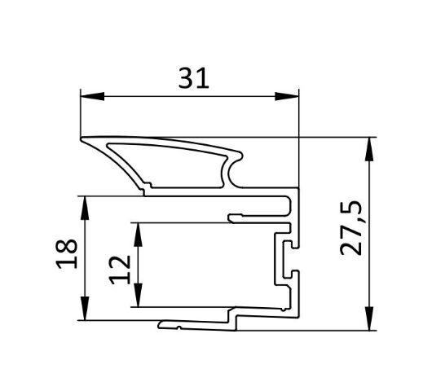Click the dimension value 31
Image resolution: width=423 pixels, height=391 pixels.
(x=193, y=78)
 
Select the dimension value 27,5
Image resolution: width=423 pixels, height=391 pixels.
(x=350, y=228)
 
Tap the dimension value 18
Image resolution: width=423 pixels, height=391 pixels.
(x=67, y=254)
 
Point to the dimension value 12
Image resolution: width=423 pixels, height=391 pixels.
(x=120, y=270)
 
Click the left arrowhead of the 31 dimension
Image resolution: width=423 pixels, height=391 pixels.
(x=92, y=96)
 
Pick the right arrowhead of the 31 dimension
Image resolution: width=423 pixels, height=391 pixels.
(x=287, y=96)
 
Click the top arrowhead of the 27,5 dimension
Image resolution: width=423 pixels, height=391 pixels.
(x=369, y=149)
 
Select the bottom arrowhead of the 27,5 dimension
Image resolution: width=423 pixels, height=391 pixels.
(x=369, y=319)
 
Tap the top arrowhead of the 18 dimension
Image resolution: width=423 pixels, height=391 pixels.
(x=85, y=208)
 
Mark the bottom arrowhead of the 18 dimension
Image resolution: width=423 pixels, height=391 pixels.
(x=85, y=309)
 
